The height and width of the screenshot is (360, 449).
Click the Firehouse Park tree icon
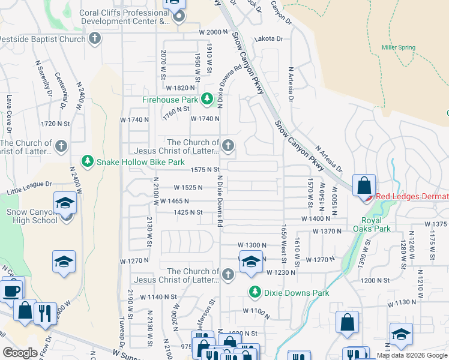click(207, 98)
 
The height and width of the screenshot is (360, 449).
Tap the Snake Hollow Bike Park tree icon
click(88, 161)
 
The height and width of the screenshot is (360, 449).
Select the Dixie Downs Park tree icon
click(255, 292)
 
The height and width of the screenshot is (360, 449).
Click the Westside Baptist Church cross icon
click(94, 39)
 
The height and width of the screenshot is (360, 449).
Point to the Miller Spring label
click(398, 47)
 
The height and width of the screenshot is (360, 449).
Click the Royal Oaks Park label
click(376, 224)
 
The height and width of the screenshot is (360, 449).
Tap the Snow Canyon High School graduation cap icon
click(65, 203)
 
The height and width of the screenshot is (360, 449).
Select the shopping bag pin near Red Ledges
click(364, 185)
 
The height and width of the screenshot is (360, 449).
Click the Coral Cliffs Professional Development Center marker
click(178, 16)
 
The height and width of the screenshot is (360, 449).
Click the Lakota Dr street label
click(268, 38)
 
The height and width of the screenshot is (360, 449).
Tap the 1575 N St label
click(205, 170)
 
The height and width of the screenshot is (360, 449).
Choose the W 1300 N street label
click(252, 245)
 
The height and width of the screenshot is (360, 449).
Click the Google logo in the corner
click(19, 353)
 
